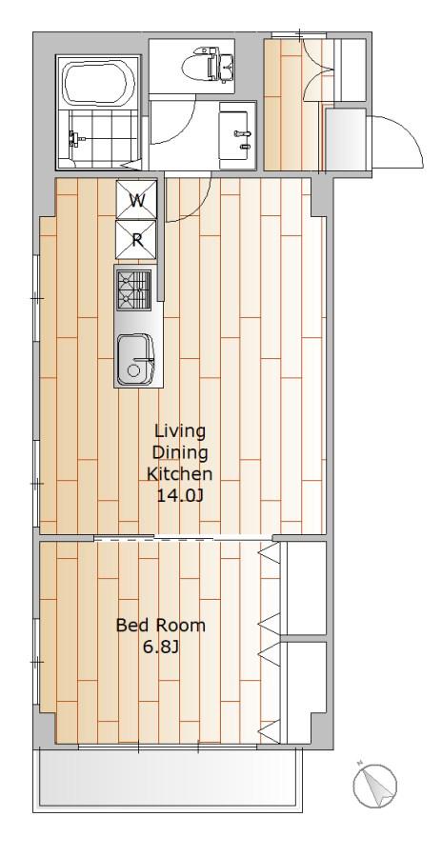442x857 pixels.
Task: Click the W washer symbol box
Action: click(136, 200)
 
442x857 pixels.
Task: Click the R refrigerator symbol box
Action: click(136, 239)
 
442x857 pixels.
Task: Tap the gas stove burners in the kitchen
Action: click(133, 289)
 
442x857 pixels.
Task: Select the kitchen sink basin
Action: click(135, 360)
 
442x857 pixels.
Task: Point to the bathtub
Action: click(98, 82)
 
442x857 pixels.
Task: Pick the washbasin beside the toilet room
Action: click(236, 134)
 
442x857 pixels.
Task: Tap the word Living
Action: click(179, 430)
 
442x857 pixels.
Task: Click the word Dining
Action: click(179, 452)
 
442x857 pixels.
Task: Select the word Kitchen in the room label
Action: click(179, 473)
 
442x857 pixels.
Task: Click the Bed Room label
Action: click(160, 625)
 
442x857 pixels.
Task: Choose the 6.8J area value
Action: click(161, 648)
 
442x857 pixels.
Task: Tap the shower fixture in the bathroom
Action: click(75, 141)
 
